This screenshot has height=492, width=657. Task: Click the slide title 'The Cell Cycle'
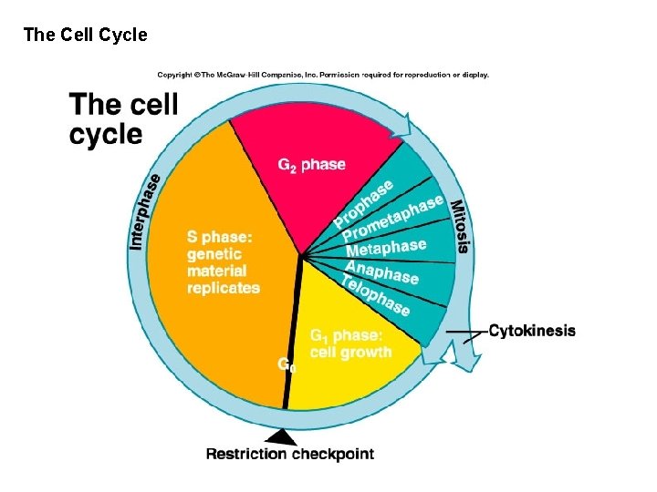coord(85,36)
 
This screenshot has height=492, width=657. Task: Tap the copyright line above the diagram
coord(323,75)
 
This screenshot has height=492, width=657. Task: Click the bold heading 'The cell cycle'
coord(123,119)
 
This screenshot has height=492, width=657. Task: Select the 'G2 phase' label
coord(311,165)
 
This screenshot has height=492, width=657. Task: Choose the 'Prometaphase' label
coord(392,221)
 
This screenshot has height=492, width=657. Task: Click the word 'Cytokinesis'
coord(532,331)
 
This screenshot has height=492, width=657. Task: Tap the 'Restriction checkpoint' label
coord(289,454)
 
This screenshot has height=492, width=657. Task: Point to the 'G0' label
coord(286,364)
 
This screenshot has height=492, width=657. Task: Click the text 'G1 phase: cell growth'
coord(349,343)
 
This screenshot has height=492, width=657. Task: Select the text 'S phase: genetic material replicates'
coord(223,262)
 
